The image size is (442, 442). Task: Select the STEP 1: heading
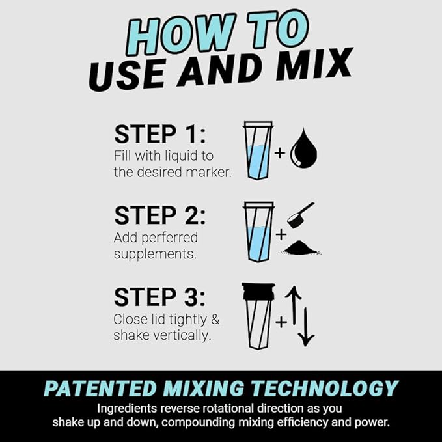tap(160, 135)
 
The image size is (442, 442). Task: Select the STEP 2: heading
tap(160, 215)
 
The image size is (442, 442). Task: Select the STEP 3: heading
tap(160, 297)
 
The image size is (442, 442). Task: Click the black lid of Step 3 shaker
tap(258, 291)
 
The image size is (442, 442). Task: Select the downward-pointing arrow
tap(307, 325)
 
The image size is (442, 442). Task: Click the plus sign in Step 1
tap(280, 154)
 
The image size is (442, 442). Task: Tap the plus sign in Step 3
tap(280, 321)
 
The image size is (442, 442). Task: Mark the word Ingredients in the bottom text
tap(128, 409)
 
